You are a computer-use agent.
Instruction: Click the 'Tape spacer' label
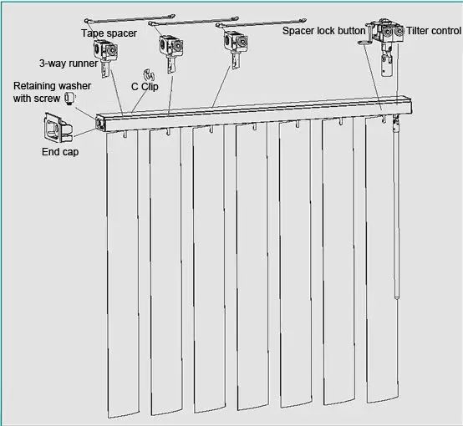coord(108,33)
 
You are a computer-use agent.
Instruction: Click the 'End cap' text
coord(60,152)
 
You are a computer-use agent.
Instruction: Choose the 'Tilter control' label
coord(433,31)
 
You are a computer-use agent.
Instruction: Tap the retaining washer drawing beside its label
coord(70,97)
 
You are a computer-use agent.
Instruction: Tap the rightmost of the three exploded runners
coord(231,43)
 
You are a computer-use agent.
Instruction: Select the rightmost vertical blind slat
coord(384,267)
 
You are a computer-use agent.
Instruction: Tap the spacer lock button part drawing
coord(364,42)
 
